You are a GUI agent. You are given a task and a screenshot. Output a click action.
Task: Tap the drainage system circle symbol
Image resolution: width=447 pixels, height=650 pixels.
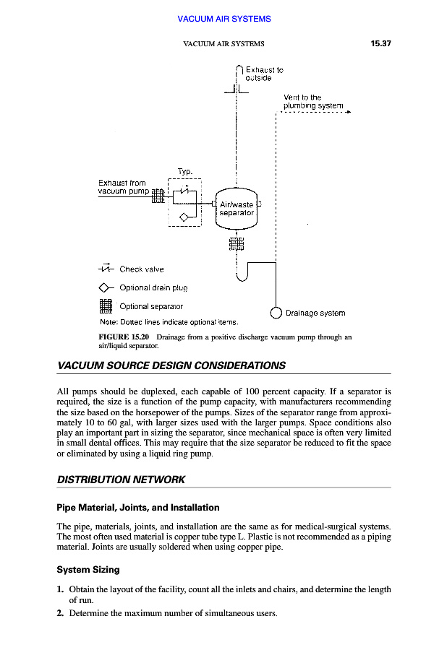pos(276,313)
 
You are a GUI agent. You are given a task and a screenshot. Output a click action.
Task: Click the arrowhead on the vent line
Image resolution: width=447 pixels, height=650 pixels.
pos(348,113)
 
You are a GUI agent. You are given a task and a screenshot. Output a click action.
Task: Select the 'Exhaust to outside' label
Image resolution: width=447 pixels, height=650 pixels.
pos(263,74)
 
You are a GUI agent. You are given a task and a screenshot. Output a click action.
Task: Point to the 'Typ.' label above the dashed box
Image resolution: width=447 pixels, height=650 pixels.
pos(184,171)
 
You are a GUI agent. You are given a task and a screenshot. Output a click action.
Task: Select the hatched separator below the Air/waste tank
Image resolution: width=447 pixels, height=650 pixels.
pos(237,243)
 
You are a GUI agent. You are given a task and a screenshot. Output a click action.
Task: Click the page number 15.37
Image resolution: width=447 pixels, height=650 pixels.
pos(380,44)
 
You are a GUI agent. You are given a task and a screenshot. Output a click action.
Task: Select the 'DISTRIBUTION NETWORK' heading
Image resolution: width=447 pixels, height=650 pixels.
pos(121,480)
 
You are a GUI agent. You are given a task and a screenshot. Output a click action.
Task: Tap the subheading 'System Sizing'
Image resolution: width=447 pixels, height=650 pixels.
pos(88,570)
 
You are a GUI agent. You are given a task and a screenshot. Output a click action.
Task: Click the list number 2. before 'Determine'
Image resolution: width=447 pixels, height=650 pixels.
pos(61,613)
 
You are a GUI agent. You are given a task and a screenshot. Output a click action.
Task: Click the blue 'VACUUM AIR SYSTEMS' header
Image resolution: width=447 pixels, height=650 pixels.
pos(223,19)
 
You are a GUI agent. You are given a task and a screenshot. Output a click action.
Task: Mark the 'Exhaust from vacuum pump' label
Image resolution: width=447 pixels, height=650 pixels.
pos(123,188)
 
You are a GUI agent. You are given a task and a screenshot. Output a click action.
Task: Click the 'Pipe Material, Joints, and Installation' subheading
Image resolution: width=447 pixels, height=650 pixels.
pos(137,508)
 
